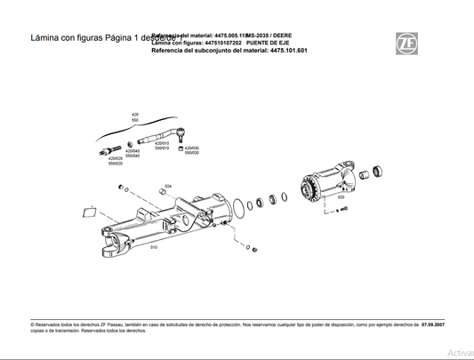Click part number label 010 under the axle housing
(154, 247)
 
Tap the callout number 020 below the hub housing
(341, 221)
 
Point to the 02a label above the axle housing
(166, 186)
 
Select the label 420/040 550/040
(133, 154)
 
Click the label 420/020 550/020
(116, 161)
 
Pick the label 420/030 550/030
(190, 150)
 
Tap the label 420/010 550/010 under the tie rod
(163, 146)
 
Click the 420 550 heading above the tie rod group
(136, 118)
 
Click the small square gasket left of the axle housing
(88, 212)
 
